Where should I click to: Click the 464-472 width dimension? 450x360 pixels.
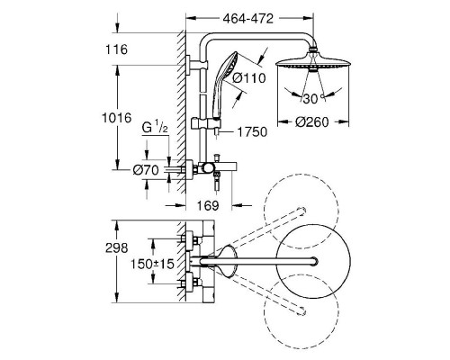(248, 19)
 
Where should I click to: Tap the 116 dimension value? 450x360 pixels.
(116, 49)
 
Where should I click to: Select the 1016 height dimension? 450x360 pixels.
(117, 118)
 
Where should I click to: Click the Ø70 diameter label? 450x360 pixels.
(146, 170)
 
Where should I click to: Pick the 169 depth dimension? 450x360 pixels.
(208, 205)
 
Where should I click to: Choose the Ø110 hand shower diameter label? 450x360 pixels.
(249, 78)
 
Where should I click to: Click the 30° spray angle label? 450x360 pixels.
(313, 99)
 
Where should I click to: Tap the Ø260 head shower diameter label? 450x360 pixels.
(312, 122)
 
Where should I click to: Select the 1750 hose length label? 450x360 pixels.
(252, 132)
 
